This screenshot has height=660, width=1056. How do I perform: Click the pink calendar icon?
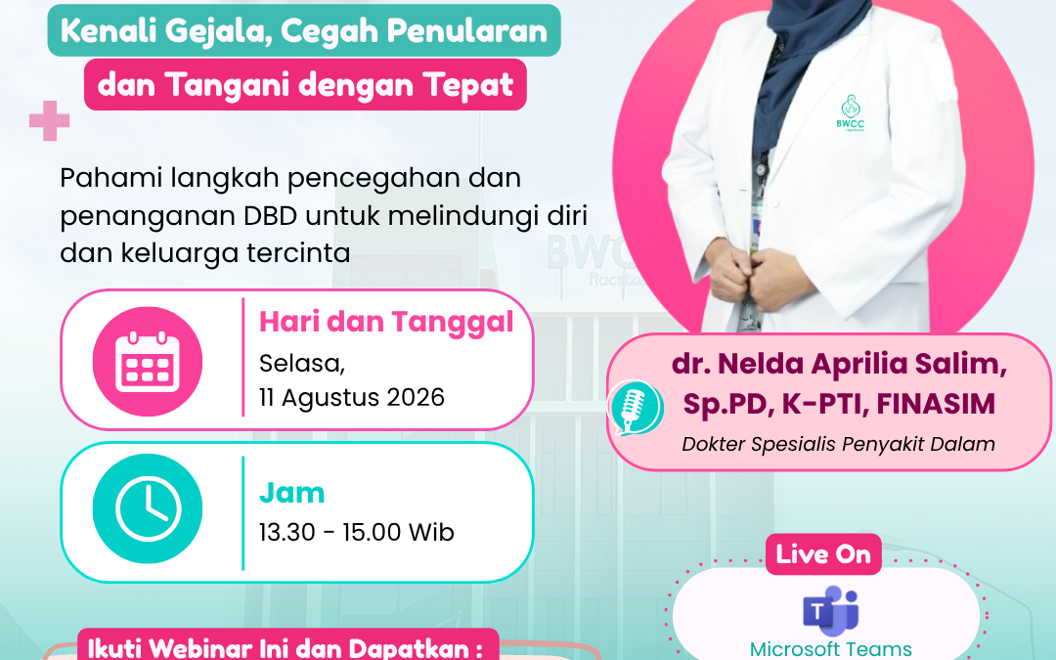(148, 362)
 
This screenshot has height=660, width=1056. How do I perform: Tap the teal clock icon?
(148, 508)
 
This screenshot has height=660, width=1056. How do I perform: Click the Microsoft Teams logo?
(830, 611)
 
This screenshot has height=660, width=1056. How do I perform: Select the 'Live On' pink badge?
(823, 554)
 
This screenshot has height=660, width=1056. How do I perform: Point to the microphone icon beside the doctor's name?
(636, 408)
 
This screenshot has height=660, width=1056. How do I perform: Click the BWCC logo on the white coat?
(851, 112)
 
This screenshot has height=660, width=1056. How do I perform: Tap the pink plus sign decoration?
(49, 120)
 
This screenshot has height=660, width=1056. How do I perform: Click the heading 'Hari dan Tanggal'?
(386, 322)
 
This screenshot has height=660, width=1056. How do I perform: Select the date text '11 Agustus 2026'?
(352, 397)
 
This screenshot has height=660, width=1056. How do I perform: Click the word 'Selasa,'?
(302, 364)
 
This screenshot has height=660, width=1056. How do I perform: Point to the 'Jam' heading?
(291, 493)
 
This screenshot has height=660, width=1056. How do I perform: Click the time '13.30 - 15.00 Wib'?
(357, 532)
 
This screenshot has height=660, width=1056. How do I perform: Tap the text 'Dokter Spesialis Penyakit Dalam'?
(839, 445)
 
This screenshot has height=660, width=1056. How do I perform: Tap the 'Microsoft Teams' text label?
(830, 649)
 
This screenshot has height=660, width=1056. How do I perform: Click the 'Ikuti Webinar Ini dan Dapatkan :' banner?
(287, 646)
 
